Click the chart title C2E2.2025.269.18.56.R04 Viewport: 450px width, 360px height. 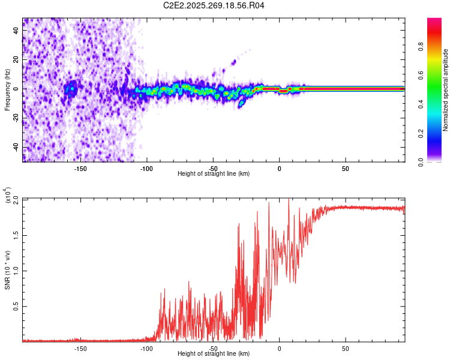214,6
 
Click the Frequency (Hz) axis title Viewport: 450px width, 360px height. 7,90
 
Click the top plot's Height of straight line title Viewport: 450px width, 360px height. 214,173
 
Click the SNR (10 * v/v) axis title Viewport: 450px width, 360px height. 7,270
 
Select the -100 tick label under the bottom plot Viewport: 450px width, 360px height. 147,347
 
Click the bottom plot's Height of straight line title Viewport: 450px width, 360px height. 214,354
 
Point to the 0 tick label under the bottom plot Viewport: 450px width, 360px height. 279,347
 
